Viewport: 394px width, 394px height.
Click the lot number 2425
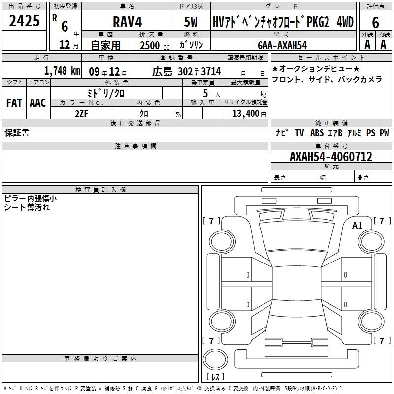[24, 21]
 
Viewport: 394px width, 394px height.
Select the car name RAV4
[128, 22]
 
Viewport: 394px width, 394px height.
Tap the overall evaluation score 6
[375, 23]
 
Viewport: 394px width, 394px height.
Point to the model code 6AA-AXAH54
[282, 45]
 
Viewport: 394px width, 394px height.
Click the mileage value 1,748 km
[62, 71]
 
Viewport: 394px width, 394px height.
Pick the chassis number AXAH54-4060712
[331, 157]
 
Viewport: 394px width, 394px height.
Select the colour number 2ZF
[81, 114]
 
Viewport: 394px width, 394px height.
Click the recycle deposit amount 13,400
[246, 114]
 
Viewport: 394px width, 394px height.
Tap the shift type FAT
[14, 103]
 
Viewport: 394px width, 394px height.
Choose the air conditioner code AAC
[38, 103]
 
